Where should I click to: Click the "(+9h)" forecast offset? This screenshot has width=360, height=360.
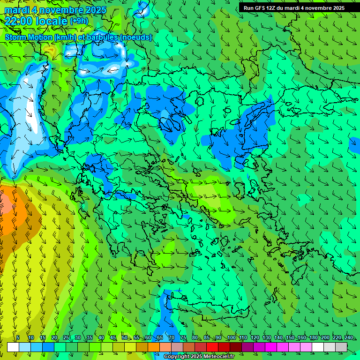tap(79, 21)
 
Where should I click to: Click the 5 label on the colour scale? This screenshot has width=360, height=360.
tap(18, 338)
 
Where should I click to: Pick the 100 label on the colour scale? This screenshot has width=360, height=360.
tap(231, 338)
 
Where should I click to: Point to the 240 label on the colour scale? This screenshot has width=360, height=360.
tap(348, 338)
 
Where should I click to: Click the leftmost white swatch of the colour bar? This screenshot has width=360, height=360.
tap(13, 347)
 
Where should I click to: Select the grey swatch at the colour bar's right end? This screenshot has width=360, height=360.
tap(341, 347)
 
